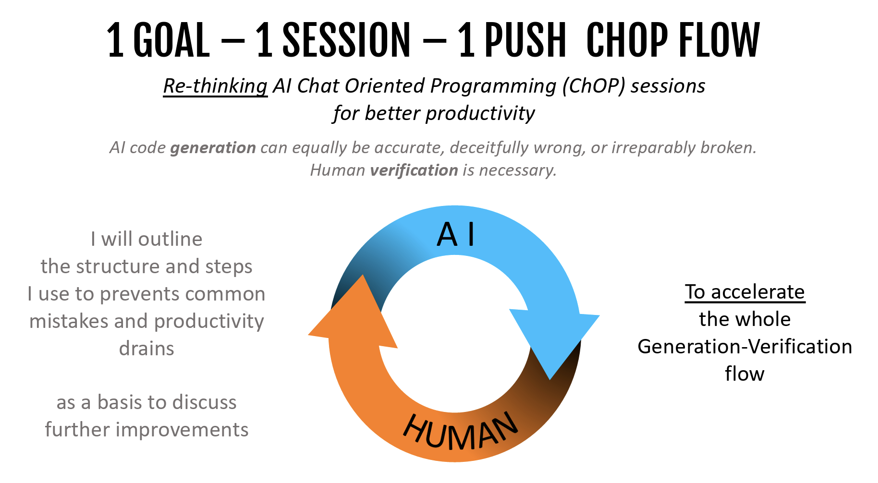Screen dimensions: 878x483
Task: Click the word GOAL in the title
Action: click(171, 40)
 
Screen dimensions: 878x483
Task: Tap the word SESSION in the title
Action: click(346, 40)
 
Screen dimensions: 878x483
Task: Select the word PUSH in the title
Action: click(525, 40)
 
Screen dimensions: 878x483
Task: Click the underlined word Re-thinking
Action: click(215, 86)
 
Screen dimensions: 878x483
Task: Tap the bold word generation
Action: click(213, 148)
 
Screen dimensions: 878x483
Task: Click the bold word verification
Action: click(414, 170)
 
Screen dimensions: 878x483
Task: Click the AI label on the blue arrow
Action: click(456, 234)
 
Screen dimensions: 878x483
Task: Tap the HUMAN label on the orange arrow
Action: click(460, 432)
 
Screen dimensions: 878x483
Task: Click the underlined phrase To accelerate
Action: click(745, 292)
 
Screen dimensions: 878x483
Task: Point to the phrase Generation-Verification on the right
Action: click(744, 347)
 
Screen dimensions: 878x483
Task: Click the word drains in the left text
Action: click(146, 349)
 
